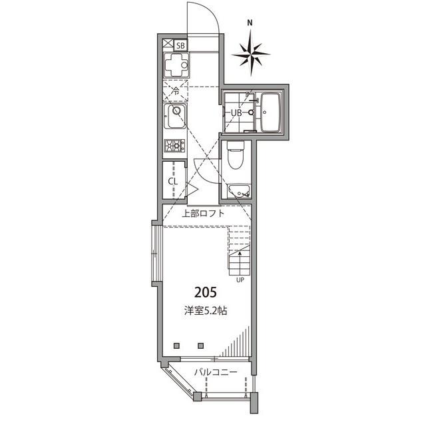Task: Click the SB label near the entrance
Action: [x=180, y=46]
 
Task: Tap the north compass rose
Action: [x=251, y=53]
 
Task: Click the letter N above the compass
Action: [x=250, y=22]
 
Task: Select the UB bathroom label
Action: [x=236, y=112]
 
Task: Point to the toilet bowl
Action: [x=236, y=157]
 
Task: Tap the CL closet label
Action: [x=172, y=180]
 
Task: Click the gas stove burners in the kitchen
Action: [x=174, y=145]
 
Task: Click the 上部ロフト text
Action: [x=204, y=214]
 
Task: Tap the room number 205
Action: [x=205, y=292]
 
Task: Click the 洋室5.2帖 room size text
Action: [x=205, y=310]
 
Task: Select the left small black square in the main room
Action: [x=176, y=346]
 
